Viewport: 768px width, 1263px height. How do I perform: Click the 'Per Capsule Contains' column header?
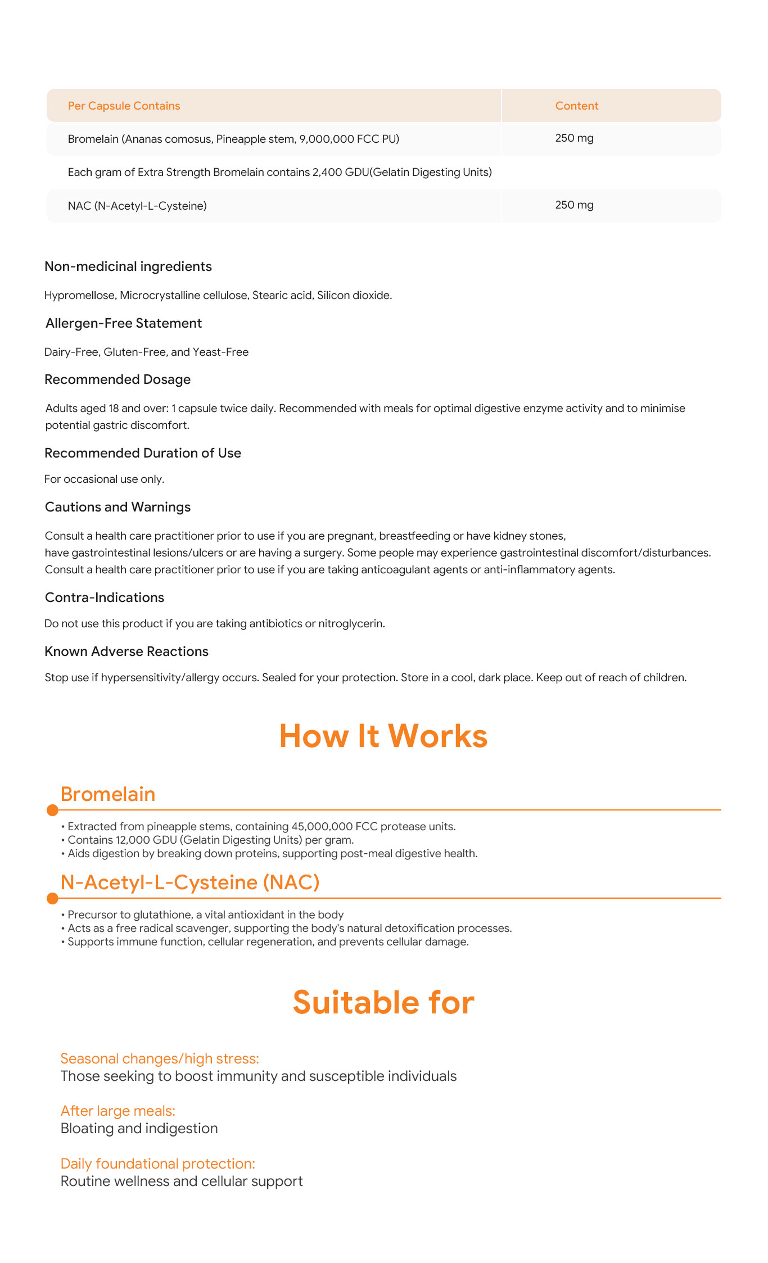(x=124, y=106)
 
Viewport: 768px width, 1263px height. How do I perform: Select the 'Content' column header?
(x=576, y=106)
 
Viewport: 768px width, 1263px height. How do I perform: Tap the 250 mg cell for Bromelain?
(x=574, y=138)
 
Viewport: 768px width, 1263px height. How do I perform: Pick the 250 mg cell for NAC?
(x=574, y=205)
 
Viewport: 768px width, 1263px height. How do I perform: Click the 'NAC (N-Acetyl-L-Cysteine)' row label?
(x=137, y=206)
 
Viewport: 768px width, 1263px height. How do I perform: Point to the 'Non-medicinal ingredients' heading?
(x=128, y=266)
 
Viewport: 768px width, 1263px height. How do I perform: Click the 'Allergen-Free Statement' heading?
(x=124, y=323)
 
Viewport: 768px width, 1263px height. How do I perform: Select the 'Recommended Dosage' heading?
(x=118, y=379)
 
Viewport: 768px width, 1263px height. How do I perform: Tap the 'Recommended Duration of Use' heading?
(x=143, y=453)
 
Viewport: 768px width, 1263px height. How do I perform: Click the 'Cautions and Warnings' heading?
(x=118, y=507)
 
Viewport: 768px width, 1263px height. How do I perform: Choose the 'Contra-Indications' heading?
(x=105, y=597)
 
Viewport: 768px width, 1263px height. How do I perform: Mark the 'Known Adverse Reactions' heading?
(x=127, y=651)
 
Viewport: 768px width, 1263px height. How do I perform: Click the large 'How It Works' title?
(x=383, y=736)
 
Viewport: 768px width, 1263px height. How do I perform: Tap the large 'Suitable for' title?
(x=383, y=1002)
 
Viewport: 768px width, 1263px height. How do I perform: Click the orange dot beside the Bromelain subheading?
(x=52, y=810)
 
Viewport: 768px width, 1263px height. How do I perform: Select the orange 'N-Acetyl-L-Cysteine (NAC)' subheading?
(x=190, y=882)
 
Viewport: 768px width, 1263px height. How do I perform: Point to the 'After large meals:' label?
(x=118, y=1111)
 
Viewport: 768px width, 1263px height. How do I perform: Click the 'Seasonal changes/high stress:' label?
(x=160, y=1058)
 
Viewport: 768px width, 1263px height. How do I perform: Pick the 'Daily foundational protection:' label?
(x=158, y=1164)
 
